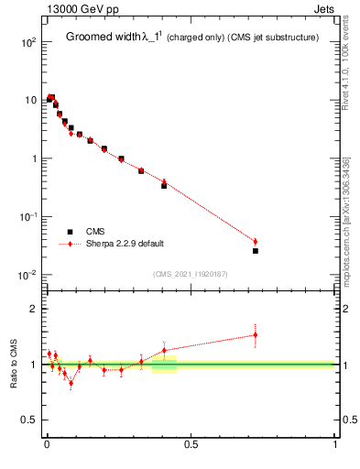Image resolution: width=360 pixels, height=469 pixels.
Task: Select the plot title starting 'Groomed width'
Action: tap(191, 38)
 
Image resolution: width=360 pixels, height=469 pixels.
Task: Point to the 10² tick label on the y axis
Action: tap(27, 42)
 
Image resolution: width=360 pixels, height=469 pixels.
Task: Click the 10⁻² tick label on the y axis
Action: tap(27, 275)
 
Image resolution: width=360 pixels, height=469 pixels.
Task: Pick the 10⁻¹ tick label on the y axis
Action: tap(27, 217)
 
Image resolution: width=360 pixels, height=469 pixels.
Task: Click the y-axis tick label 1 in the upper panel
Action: tap(33, 158)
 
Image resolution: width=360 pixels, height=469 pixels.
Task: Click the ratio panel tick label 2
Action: tap(33, 309)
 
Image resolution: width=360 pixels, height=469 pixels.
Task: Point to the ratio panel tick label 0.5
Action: tap(29, 420)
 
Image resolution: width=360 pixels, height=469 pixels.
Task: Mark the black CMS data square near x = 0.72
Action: tap(256, 250)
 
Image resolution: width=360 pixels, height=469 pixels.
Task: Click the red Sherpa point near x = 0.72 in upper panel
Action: tap(256, 242)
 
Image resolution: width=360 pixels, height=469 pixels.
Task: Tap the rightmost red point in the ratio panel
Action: tap(256, 334)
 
